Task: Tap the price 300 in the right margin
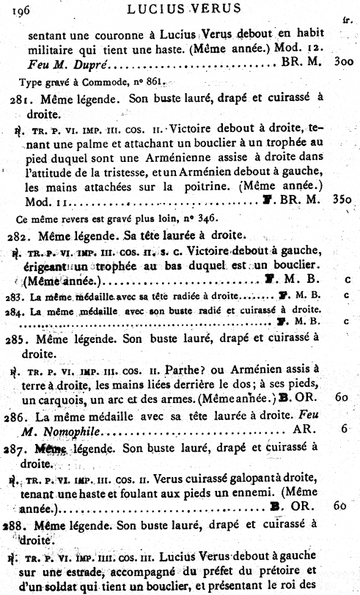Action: tap(342, 63)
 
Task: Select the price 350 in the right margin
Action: tap(342, 197)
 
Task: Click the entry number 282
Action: tap(23, 234)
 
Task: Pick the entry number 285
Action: tap(24, 338)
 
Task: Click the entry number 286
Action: tap(23, 413)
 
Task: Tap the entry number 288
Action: tap(23, 524)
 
